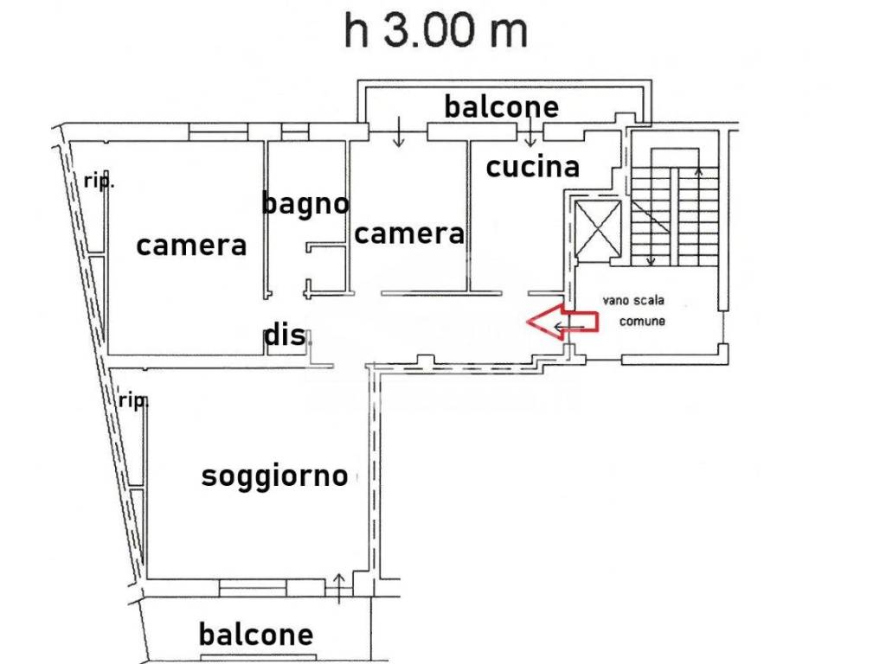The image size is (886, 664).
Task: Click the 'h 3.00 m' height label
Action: point(436,30)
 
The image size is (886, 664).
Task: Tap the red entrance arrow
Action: point(562,322)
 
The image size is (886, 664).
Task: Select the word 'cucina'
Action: point(533,167)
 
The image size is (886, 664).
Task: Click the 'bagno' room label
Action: point(305,204)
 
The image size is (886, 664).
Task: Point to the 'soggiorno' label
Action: point(274,477)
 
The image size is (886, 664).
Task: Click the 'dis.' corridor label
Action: point(286,335)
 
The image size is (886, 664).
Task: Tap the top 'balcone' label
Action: point(502,106)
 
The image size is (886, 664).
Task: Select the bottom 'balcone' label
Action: point(256,634)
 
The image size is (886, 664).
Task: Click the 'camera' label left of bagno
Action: point(191,246)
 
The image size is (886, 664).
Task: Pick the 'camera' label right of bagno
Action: point(409,233)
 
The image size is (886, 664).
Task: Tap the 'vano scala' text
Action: point(632,300)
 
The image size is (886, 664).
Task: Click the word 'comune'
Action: point(642,322)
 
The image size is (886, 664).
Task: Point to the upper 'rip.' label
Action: point(99,182)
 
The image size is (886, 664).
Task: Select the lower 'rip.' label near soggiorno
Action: point(133,401)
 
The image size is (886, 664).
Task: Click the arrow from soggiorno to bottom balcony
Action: point(339,588)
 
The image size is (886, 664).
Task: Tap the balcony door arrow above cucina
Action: point(530,131)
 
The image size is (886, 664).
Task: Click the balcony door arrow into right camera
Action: point(399,131)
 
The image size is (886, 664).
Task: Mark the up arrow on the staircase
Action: point(698,215)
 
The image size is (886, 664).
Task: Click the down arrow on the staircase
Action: point(651,215)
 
